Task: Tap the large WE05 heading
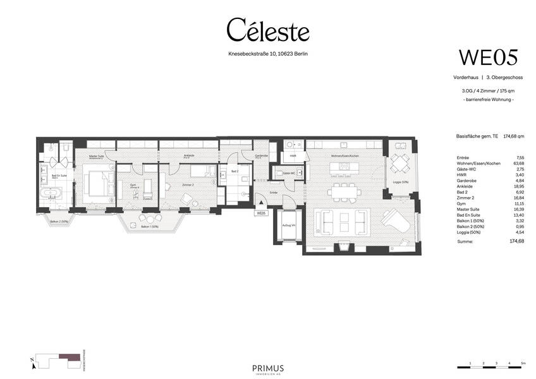[x=488, y=57]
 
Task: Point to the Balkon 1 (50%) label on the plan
[x=150, y=226]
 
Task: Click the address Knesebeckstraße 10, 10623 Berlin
[x=268, y=54]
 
